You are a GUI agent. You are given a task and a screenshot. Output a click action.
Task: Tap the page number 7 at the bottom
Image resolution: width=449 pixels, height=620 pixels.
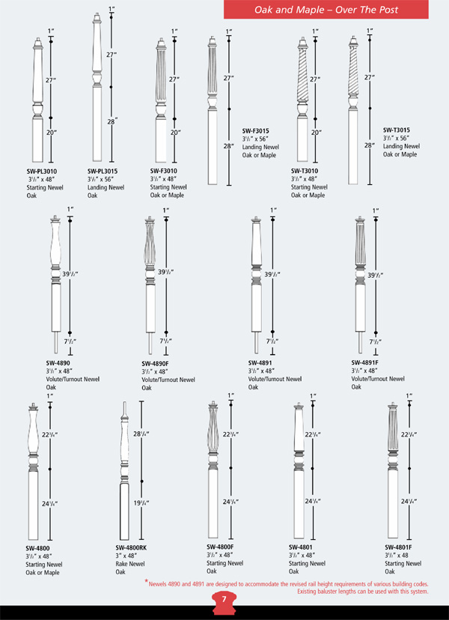coord(224,600)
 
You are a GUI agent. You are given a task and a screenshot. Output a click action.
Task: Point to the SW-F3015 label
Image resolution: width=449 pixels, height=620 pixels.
coord(256,130)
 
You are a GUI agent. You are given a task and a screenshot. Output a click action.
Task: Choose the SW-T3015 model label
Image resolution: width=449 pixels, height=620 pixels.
coord(397,130)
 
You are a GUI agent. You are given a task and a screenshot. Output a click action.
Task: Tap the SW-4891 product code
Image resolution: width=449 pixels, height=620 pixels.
coord(260,362)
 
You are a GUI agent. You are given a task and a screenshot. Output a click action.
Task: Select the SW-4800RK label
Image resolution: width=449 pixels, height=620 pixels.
coord(132,547)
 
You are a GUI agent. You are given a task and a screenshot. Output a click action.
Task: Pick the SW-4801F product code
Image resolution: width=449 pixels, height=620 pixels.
coord(400,546)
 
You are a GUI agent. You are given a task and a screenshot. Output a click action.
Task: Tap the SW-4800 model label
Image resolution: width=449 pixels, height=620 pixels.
coord(37,547)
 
